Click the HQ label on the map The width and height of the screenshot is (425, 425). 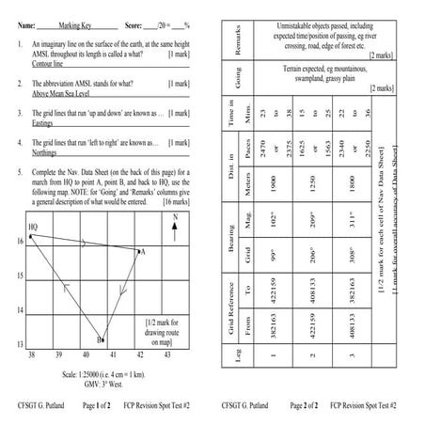point(33,227)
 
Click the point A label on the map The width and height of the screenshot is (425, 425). point(142,252)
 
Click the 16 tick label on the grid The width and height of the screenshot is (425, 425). point(21,242)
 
